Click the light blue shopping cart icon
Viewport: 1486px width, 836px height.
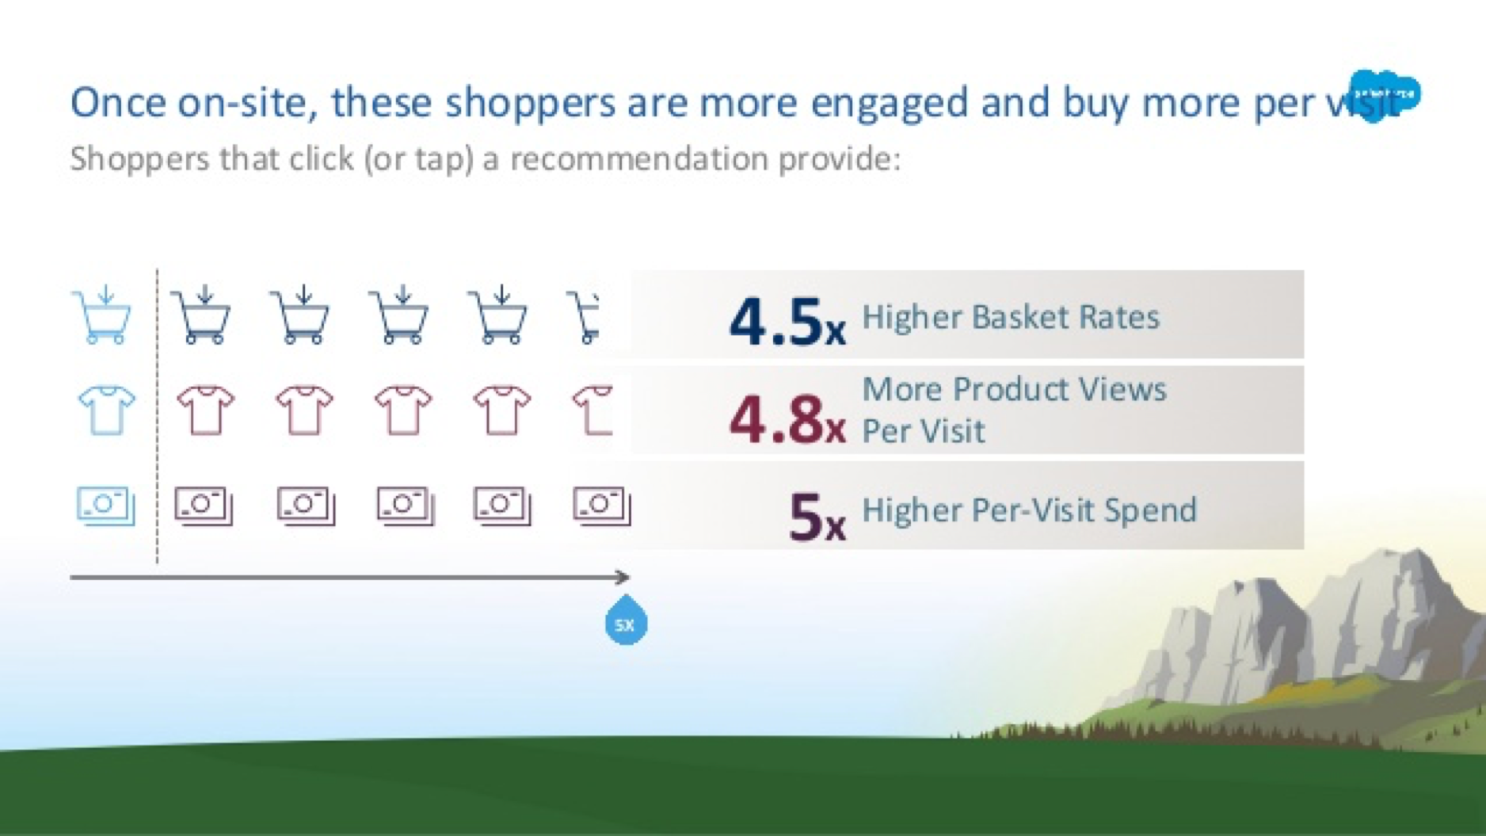[x=102, y=316]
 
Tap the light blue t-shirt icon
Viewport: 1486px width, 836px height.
[x=107, y=410]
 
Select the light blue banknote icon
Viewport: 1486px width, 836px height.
[x=105, y=506]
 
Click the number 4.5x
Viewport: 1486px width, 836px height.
[x=787, y=322]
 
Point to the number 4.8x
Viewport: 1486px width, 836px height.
[x=787, y=418]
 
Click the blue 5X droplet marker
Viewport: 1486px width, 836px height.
[x=626, y=622]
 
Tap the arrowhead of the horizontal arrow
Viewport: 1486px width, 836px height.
[x=623, y=577]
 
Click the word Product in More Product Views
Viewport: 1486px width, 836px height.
[x=1003, y=389]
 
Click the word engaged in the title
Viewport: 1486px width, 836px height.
[x=890, y=103]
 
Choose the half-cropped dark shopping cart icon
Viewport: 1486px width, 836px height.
[x=585, y=318]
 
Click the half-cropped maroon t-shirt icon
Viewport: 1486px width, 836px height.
[x=592, y=410]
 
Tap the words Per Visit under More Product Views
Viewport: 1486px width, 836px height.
[x=924, y=431]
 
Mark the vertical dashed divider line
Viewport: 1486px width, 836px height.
[x=158, y=416]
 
